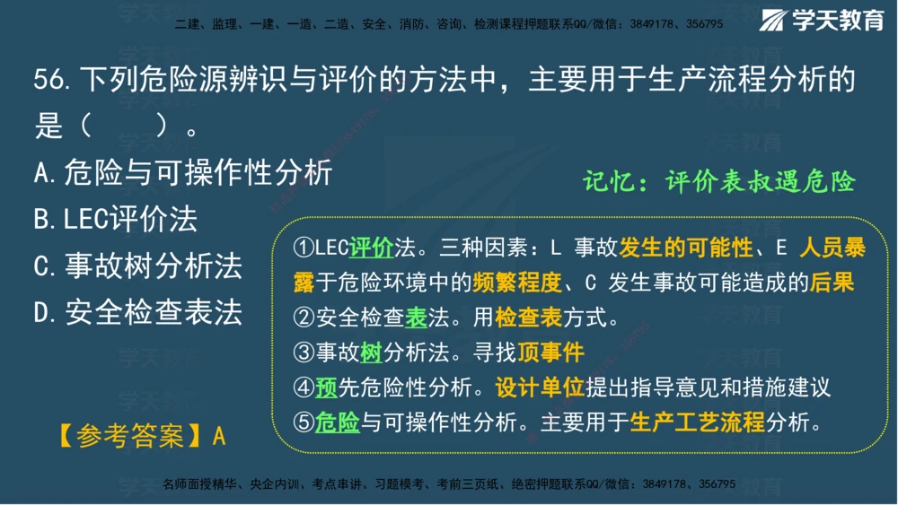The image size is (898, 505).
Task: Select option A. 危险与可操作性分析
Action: coord(183,172)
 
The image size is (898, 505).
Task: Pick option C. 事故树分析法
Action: coord(138,266)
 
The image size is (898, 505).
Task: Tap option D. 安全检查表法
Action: coord(138,313)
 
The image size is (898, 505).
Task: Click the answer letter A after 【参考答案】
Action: coord(219,437)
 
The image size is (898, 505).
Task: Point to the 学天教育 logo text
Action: coord(837,21)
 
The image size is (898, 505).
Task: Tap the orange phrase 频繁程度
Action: coord(516,283)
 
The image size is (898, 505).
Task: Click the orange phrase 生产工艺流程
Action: coord(697,422)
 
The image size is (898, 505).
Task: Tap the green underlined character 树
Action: coord(371,352)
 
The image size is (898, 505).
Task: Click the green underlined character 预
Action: coord(326,387)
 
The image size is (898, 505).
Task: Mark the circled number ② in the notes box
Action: coord(304,318)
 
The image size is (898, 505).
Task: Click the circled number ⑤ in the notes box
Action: coord(304,422)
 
